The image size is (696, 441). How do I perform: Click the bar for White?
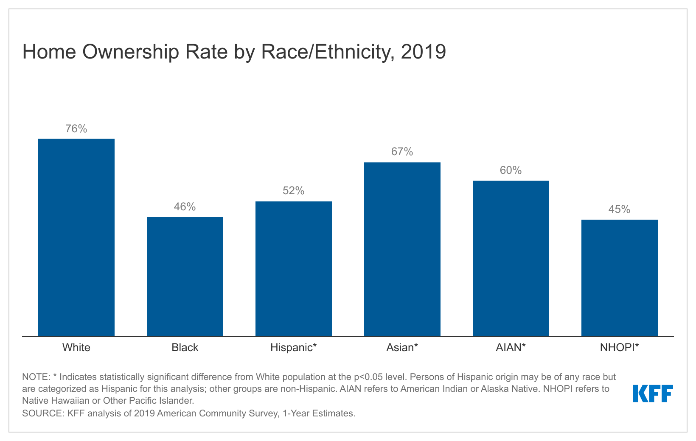coord(76,237)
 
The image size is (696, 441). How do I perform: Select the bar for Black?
coord(185,276)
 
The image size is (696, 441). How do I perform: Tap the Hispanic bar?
coord(294,269)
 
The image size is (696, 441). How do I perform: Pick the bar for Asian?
coord(402,249)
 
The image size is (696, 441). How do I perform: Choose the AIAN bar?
coord(511,258)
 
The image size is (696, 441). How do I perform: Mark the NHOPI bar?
coord(620,278)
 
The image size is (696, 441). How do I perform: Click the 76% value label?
coord(76,129)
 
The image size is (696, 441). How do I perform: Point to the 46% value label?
coord(185,207)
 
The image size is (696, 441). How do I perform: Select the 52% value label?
coord(294,191)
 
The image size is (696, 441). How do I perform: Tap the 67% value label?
coord(402,152)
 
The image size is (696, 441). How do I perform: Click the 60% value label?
coord(511,170)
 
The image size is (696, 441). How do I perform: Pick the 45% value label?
coord(620,209)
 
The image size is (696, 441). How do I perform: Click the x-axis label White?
coord(76,348)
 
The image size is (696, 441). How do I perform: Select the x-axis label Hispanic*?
coord(294,348)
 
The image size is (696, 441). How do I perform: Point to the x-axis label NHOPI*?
coord(620,348)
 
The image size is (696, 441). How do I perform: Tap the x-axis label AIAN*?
coord(511,348)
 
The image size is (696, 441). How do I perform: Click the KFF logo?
coord(653,394)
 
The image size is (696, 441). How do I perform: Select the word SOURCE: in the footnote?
coord(43,413)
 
